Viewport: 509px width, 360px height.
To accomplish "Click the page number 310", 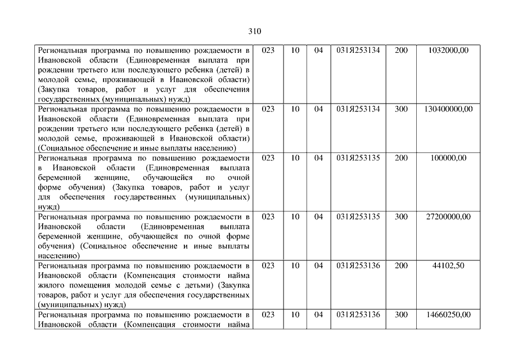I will tap(254, 31).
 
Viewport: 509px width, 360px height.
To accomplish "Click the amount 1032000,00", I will tap(448, 50).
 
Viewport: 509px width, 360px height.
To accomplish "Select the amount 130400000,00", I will tap(448, 109).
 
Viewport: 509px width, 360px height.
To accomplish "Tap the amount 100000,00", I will tap(448, 158).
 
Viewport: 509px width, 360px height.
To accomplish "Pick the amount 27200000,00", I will tap(448, 217).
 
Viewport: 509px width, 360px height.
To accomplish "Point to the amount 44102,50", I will tap(448, 265).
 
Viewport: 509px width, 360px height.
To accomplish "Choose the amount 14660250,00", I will tap(448, 314).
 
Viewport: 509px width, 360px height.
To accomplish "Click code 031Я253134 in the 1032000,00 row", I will tap(358, 50).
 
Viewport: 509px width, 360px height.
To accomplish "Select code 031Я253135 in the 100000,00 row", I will tap(358, 158).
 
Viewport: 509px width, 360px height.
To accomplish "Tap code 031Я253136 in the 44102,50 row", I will tap(358, 265).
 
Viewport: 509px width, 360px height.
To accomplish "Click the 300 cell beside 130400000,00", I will tap(401, 109).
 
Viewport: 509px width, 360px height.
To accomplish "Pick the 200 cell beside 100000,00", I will tap(401, 158).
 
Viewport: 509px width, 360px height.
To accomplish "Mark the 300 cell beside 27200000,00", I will tap(401, 217).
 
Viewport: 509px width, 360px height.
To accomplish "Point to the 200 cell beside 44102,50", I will tap(401, 265).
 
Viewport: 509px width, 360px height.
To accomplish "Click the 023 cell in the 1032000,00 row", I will tap(268, 50).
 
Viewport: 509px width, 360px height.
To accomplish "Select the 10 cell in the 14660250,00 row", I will tap(295, 314).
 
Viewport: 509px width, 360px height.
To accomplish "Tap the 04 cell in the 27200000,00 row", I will tap(319, 217).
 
